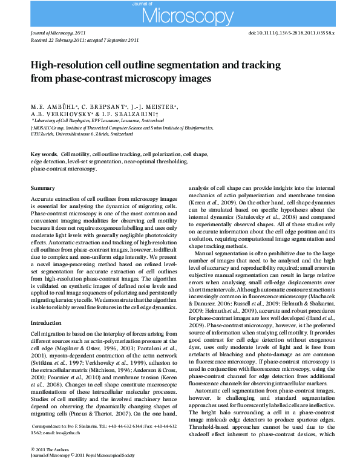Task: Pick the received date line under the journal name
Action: (x=84, y=41)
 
